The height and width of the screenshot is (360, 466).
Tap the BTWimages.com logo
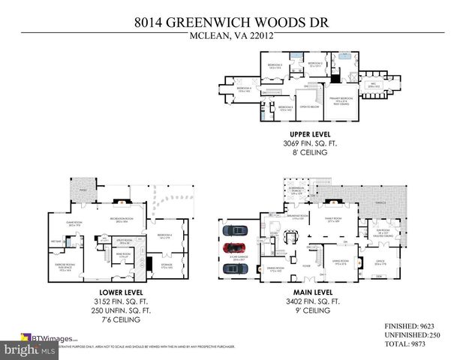[x=45, y=338]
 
